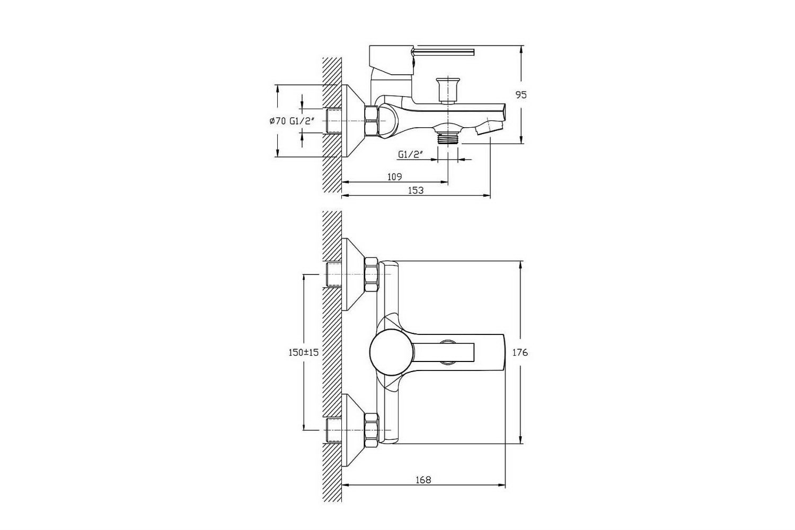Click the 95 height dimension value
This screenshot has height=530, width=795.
click(x=521, y=95)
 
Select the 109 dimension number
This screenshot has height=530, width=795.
click(x=394, y=177)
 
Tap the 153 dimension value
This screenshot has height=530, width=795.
click(x=416, y=190)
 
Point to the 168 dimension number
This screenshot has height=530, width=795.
click(x=423, y=480)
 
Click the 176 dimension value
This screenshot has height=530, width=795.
click(x=520, y=352)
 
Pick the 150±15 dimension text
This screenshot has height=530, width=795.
click(x=304, y=352)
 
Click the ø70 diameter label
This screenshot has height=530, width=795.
click(x=278, y=121)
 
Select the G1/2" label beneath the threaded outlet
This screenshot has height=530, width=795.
click(x=411, y=155)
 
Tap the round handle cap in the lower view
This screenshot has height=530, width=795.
click(x=392, y=351)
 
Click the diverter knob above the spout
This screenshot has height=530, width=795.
click(x=448, y=90)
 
